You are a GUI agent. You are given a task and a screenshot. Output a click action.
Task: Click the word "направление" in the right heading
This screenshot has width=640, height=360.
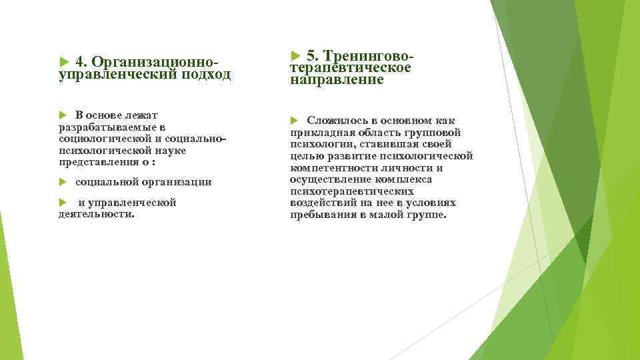coord(337,80)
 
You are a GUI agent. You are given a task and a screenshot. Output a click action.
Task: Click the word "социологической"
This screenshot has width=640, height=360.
coord(101,139)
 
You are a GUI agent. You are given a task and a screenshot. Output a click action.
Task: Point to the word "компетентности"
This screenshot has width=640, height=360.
coord(333,168)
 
